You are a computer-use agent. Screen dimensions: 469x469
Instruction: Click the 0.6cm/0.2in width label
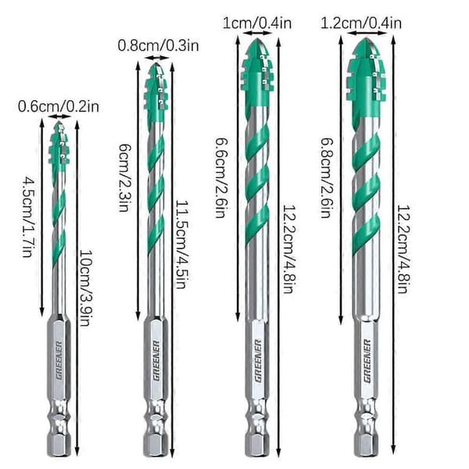click(59, 107)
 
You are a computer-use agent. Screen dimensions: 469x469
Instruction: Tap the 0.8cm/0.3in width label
click(158, 46)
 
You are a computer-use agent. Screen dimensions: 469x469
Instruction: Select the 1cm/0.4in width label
click(257, 23)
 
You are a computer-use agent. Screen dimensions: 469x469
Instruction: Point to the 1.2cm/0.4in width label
click(360, 23)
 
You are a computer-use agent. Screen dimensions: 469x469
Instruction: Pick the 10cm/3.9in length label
click(85, 288)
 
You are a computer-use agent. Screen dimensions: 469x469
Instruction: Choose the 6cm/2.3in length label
click(124, 177)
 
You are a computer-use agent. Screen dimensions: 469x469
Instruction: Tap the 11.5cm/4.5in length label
click(181, 245)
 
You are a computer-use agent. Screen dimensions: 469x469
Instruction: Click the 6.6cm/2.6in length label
click(221, 177)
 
